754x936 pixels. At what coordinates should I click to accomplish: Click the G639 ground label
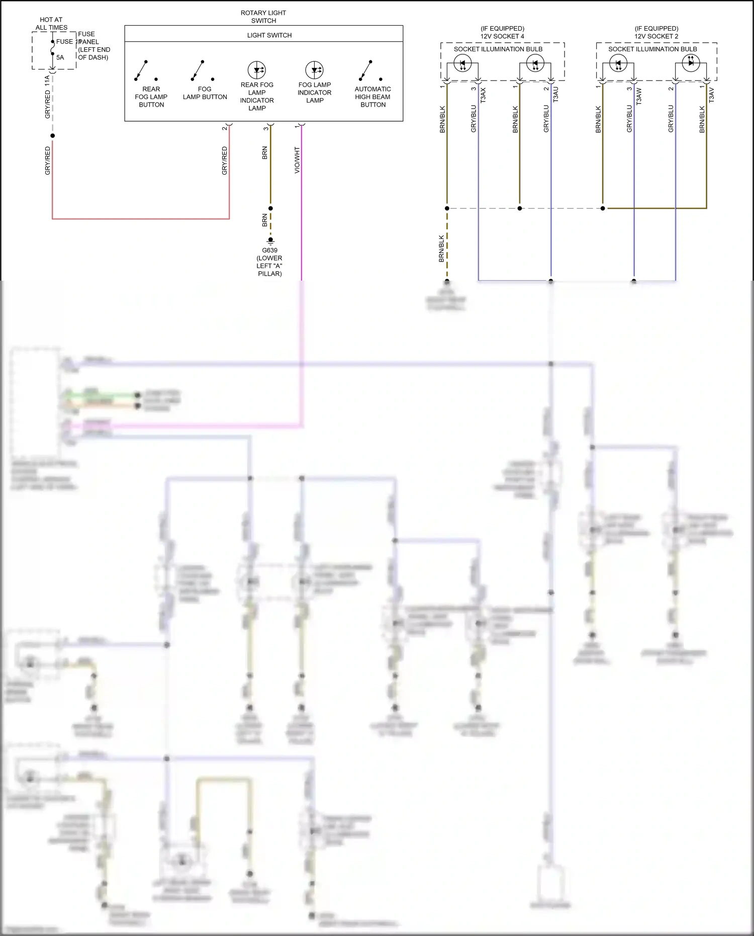point(269,250)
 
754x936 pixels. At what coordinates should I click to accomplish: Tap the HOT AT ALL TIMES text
point(51,24)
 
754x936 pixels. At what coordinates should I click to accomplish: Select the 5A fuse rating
point(60,57)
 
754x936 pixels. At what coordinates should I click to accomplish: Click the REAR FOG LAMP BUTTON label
point(151,97)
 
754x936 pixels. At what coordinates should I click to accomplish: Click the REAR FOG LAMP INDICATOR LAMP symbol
point(257,70)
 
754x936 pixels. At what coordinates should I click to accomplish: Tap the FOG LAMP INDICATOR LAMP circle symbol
point(315,70)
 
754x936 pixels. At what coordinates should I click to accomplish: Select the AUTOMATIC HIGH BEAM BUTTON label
point(372,97)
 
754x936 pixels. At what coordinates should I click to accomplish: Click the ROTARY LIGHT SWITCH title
point(263,17)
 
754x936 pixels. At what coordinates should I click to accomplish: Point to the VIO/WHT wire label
point(297,160)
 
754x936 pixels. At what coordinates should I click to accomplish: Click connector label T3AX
point(483,95)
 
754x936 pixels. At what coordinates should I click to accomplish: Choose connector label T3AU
point(555,95)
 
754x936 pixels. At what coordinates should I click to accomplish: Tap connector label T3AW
point(639,96)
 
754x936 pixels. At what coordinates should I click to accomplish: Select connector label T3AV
point(711,95)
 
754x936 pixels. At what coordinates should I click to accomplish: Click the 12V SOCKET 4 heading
point(502,36)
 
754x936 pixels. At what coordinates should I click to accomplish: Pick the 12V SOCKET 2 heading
point(656,36)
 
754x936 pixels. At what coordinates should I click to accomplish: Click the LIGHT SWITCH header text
point(269,35)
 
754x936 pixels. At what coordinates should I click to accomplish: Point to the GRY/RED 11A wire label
point(48,97)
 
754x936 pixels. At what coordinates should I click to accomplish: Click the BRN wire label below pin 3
point(265,153)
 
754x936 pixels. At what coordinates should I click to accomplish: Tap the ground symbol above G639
point(270,241)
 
